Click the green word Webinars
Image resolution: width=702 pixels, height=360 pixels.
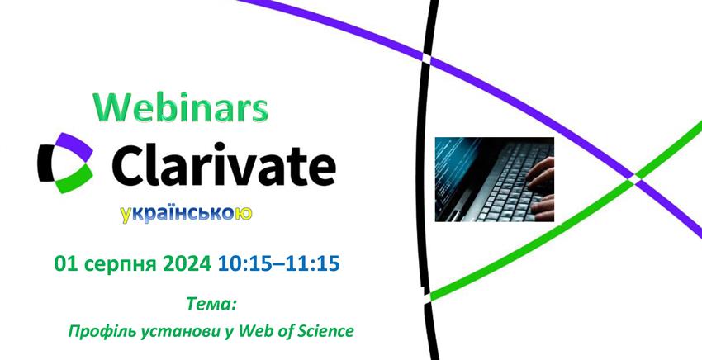(181, 108)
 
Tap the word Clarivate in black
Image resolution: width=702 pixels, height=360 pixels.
(224, 164)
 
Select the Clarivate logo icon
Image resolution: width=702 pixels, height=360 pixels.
(65, 163)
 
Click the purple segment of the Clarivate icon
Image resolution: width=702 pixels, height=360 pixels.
(75, 145)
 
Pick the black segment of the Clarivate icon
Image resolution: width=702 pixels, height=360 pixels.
(45, 163)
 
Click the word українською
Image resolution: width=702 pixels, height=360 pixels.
(187, 214)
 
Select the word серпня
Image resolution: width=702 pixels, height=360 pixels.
(120, 265)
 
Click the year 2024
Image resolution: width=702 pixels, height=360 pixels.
(187, 264)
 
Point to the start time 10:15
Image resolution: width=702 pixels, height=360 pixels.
(245, 264)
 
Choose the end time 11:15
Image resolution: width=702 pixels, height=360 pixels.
(313, 264)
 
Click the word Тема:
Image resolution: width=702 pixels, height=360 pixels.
(211, 305)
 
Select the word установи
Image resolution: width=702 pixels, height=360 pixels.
(180, 333)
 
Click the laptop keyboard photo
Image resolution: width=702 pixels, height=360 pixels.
(495, 179)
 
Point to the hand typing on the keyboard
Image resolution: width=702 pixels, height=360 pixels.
(541, 188)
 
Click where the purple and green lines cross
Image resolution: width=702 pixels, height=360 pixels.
(635, 176)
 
